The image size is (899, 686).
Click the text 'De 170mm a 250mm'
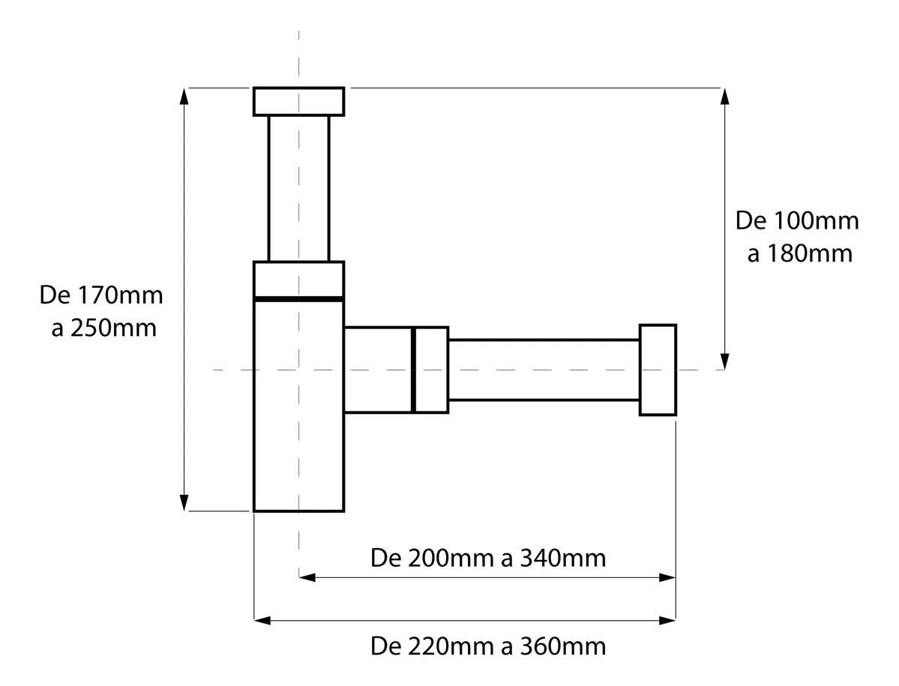(101, 311)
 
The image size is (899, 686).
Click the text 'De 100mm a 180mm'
(797, 237)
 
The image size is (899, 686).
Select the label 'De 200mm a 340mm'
(488, 558)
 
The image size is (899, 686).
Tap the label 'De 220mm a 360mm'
(488, 646)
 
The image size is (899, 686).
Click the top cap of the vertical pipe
(298, 101)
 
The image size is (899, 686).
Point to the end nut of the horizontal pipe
(658, 370)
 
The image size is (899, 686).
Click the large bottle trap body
(298, 405)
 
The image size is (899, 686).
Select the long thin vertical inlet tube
(298, 188)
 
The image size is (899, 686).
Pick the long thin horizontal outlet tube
(544, 370)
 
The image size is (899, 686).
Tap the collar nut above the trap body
(298, 280)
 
